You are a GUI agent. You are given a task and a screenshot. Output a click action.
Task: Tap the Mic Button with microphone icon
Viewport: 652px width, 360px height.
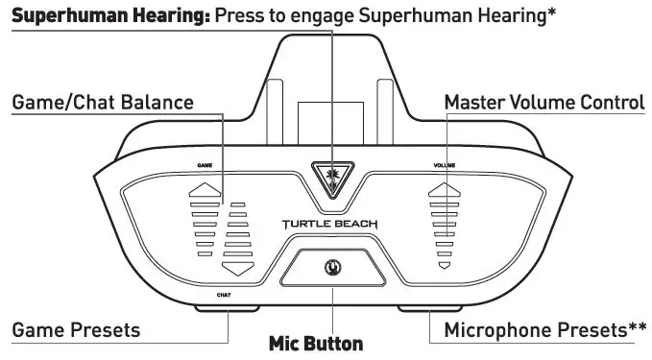(x=333, y=266)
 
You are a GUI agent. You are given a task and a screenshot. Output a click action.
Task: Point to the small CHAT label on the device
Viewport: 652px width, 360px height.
(x=224, y=295)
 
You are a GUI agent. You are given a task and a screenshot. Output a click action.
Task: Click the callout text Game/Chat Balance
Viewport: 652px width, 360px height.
(x=103, y=102)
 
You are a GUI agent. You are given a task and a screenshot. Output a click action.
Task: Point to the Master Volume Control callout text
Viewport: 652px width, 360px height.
(x=545, y=102)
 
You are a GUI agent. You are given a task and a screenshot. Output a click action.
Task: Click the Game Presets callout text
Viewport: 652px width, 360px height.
(x=76, y=330)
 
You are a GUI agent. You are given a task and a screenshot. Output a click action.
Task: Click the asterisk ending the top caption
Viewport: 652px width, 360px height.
(x=552, y=13)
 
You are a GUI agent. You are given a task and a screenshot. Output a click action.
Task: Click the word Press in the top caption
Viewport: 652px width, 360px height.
(x=240, y=15)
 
